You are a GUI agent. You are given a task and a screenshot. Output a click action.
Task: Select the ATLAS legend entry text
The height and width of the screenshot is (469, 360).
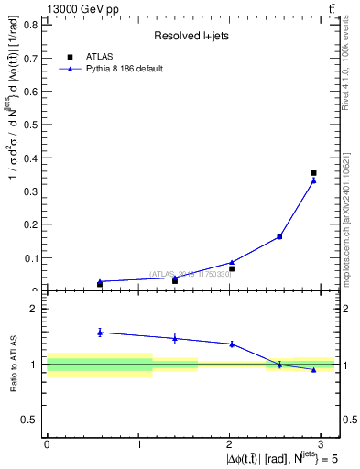(x=99, y=56)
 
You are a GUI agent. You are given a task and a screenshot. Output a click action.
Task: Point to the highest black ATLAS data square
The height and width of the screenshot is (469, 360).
(x=313, y=172)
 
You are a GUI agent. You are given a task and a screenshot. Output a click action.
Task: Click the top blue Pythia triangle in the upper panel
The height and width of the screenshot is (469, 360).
(x=313, y=180)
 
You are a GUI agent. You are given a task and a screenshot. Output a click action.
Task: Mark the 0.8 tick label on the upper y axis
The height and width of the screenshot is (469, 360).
(x=31, y=24)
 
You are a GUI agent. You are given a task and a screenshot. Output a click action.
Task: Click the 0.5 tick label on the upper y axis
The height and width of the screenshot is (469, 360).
(x=31, y=124)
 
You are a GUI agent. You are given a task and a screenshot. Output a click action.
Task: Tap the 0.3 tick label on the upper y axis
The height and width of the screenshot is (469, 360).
(x=31, y=191)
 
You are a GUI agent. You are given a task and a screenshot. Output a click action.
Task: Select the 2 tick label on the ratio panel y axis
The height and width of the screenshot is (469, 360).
(x=35, y=309)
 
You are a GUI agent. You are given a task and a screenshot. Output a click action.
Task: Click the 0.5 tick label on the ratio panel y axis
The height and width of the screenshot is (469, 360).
(x=31, y=420)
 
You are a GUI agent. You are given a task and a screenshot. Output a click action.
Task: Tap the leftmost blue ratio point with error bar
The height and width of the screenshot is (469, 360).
(x=100, y=332)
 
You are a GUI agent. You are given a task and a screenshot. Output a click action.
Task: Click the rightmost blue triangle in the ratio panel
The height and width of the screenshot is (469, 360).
(x=313, y=369)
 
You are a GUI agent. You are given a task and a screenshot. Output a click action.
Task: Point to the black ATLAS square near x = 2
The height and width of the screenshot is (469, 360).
(x=232, y=268)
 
